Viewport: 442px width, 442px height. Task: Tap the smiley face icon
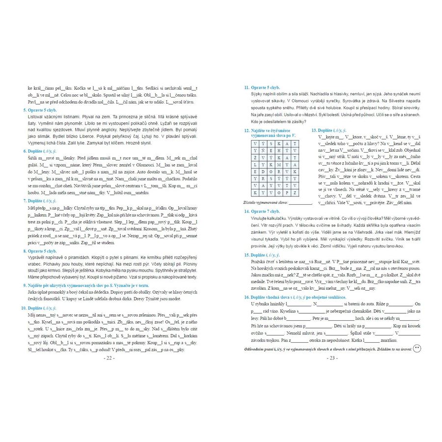(417, 348)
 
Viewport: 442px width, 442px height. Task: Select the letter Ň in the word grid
(265, 150)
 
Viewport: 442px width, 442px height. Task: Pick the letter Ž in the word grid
(255, 158)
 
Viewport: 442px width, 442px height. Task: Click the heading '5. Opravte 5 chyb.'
(43, 110)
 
